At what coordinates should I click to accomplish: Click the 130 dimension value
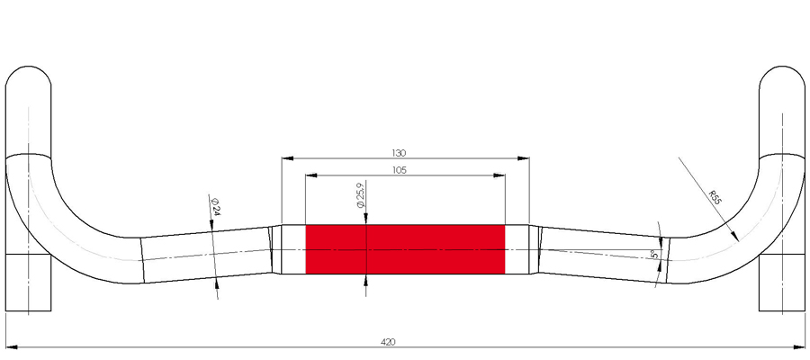[400, 153]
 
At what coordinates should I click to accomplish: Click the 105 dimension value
[400, 170]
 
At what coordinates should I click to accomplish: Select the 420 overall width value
[388, 342]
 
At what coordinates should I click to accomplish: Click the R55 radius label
[715, 198]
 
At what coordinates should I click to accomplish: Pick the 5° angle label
[654, 254]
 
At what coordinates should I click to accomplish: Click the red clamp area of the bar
[405, 249]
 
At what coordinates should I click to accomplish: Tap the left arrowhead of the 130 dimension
[287, 158]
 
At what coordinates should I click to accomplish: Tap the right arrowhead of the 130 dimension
[523, 158]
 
